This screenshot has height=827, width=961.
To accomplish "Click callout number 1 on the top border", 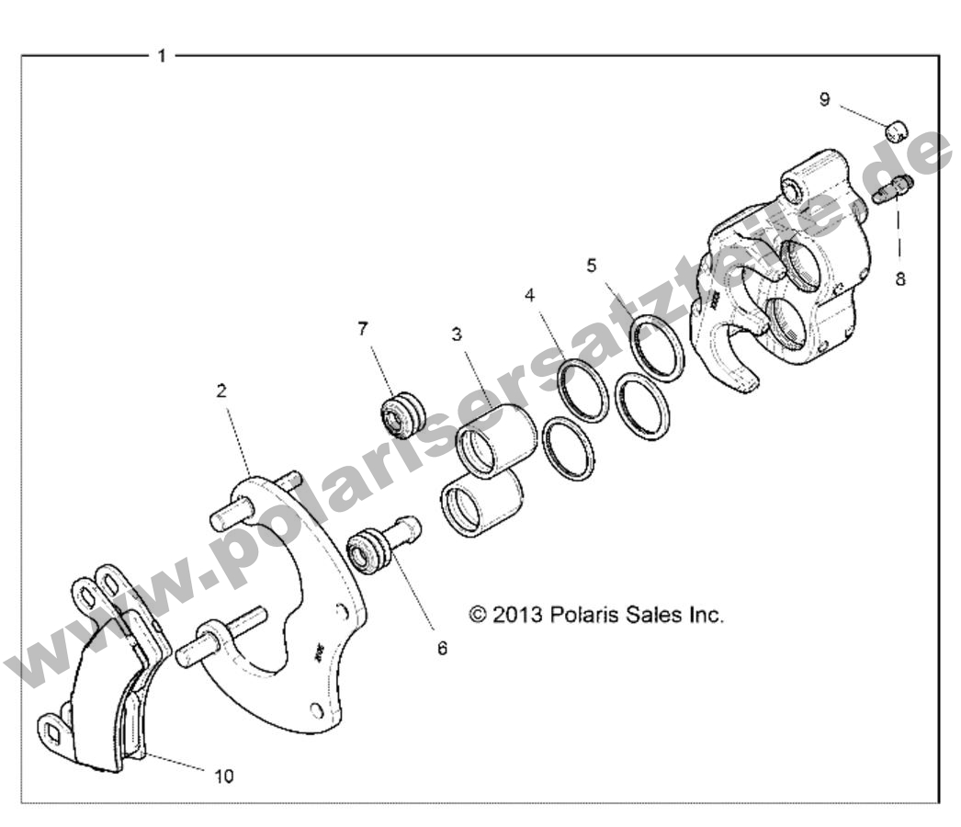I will pos(162,56).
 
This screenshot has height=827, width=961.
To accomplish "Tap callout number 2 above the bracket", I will pos(221,391).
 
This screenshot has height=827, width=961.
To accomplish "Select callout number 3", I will pos(457,334).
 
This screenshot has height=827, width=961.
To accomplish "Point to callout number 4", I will pos(530,296).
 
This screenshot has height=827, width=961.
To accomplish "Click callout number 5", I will pos(592,266).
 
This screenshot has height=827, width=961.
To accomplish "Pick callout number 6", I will pos(442,648).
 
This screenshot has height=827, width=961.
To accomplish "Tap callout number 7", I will pos(363,328).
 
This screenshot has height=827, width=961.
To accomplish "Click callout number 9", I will pos(824,99).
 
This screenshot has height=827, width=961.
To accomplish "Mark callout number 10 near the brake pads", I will pos(224,776).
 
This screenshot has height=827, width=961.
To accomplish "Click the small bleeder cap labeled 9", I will pos(897,130).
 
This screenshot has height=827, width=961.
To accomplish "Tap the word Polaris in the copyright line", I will pos(582,615).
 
